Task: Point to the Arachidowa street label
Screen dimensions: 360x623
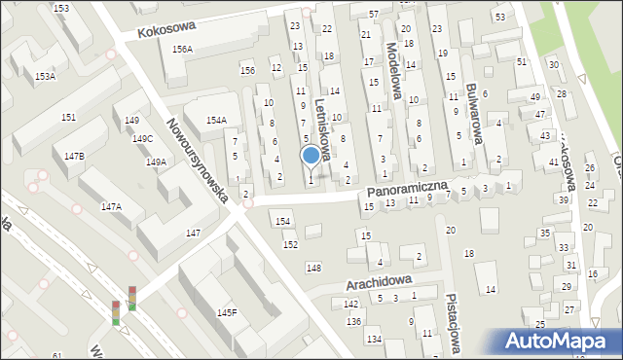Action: [380, 282]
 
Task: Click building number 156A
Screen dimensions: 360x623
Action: [181, 49]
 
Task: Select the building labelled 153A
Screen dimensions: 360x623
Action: [45, 75]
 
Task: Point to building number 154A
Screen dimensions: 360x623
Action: [216, 120]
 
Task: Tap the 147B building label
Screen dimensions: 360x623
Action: [74, 156]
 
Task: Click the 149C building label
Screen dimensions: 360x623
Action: [143, 139]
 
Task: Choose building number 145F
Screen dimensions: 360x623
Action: [227, 312]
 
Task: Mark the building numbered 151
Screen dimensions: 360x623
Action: [68, 117]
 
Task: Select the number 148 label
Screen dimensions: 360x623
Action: [313, 268]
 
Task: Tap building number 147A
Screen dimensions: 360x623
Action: [111, 206]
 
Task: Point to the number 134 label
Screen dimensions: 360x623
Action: [374, 339]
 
